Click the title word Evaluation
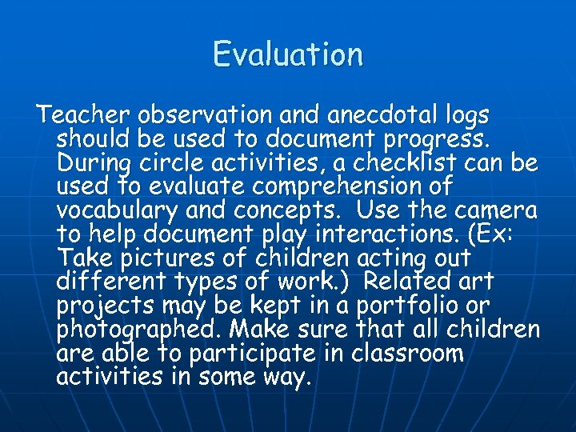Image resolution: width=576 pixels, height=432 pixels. [288, 54]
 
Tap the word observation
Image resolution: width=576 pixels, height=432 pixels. [189, 115]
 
